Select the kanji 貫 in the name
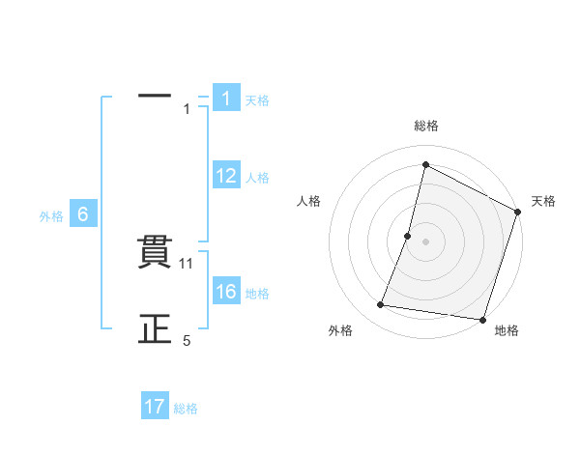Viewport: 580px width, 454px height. click(x=155, y=253)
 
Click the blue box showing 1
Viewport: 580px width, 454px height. click(x=225, y=98)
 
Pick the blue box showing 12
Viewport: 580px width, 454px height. click(x=225, y=176)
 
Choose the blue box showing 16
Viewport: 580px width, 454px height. click(x=225, y=292)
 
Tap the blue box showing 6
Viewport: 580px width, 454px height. click(x=83, y=215)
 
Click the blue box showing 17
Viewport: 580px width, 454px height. click(x=155, y=407)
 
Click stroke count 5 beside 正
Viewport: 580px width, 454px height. click(x=188, y=341)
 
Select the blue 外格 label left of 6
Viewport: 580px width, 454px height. click(x=51, y=216)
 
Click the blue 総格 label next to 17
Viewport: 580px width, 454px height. click(x=186, y=409)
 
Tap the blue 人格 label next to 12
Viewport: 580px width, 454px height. click(x=257, y=178)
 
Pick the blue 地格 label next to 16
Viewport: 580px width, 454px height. click(x=257, y=294)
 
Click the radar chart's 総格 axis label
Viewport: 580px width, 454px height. click(x=425, y=126)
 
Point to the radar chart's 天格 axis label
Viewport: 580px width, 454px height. click(x=543, y=201)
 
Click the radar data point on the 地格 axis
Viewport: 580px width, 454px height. click(x=481, y=319)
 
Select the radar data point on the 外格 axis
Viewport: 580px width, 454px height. click(x=381, y=305)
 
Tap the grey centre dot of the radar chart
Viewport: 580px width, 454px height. click(x=425, y=241)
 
